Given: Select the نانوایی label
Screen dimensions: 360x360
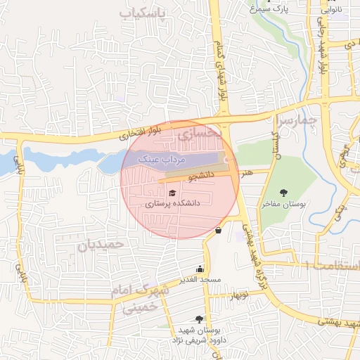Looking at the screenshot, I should tap(331, 10).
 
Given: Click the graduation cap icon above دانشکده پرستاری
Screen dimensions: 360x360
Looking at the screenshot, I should tap(172, 192).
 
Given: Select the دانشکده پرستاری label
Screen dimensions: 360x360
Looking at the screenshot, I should tap(173, 202).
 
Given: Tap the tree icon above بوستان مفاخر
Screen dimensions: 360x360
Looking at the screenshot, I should tap(284, 193).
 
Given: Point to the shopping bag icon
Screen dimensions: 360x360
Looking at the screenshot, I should tap(219, 230).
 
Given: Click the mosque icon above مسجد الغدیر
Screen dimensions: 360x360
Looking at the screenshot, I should tap(200, 268).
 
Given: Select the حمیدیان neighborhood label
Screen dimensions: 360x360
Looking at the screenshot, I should tap(101, 245).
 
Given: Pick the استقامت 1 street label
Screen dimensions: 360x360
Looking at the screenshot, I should tap(332, 265).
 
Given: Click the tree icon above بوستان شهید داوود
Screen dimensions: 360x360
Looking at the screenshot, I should tap(200, 319).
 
